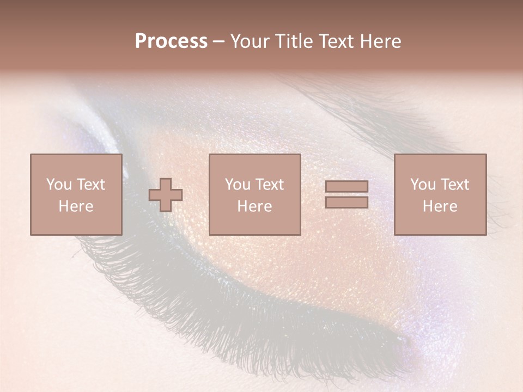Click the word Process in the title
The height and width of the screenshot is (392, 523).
coord(171,41)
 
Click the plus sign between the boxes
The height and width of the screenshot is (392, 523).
coord(166,195)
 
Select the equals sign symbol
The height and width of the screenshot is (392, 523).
coord(346,194)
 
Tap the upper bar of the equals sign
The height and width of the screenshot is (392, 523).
coord(346,187)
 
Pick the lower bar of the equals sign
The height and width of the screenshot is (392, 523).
coord(346,202)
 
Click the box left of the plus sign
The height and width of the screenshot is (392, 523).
coord(76,194)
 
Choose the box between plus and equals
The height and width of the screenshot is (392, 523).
coord(254,194)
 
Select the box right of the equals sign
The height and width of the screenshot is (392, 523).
coord(440,194)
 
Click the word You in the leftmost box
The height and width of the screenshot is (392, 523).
coord(58,185)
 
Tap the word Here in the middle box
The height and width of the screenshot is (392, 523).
coord(254,206)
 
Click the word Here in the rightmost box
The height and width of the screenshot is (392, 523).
coord(440,206)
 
